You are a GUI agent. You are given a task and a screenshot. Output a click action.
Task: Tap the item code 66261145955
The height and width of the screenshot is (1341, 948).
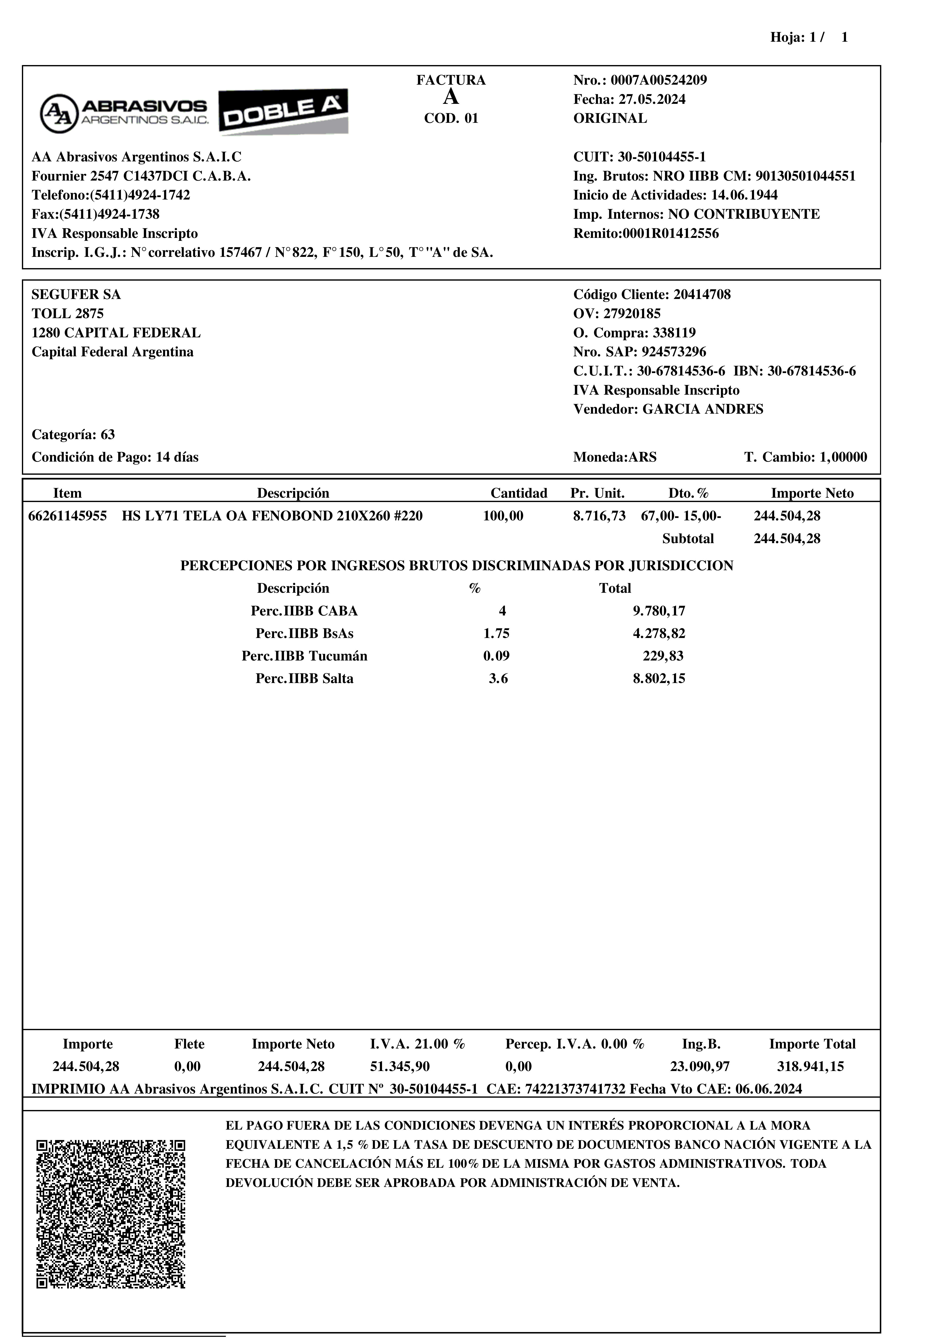pyautogui.click(x=68, y=516)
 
